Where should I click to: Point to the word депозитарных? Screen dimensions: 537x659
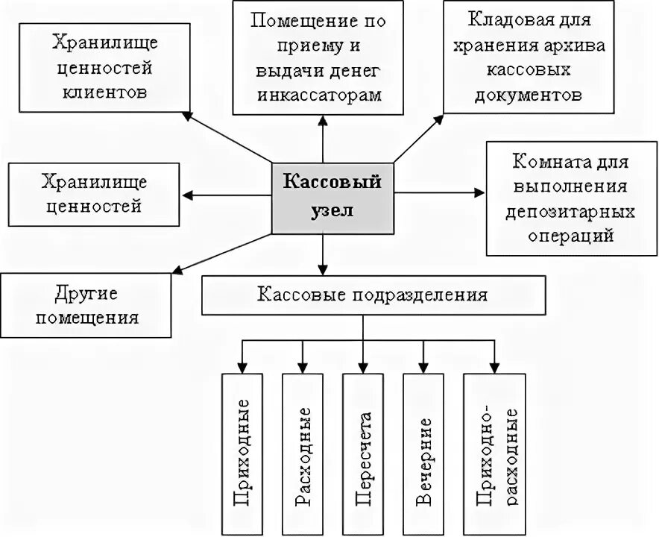tap(570, 211)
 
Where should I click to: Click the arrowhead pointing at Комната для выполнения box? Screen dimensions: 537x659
tap(479, 194)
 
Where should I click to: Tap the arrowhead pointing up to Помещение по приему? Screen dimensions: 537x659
tap(324, 119)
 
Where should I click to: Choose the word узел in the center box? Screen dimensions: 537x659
tap(331, 210)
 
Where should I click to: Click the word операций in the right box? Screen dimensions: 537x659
tap(571, 235)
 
